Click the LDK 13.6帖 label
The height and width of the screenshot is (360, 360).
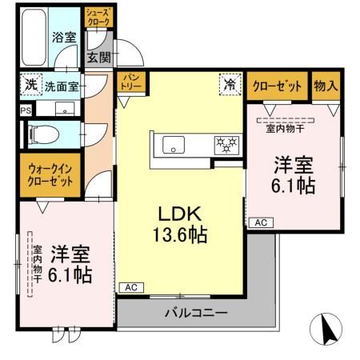tap(182, 224)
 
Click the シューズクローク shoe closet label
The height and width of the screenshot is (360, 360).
tap(99, 17)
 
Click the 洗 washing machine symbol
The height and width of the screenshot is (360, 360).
tap(30, 84)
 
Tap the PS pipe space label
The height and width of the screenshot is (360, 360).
tap(25, 110)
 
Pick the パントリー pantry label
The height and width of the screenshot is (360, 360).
tap(129, 82)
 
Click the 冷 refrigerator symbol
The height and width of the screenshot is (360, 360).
tap(229, 83)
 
